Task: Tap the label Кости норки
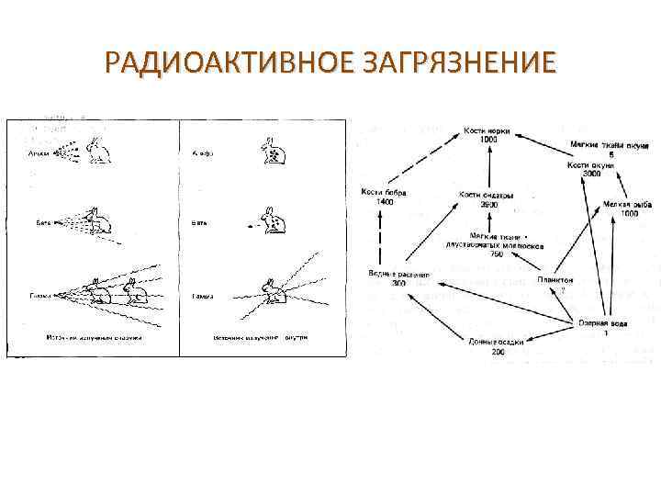[x=487, y=131]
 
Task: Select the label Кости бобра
[x=384, y=192]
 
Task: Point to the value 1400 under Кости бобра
[x=384, y=201]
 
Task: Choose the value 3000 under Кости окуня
[x=591, y=173]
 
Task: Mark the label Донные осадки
[x=498, y=343]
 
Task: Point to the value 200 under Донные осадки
[x=499, y=352]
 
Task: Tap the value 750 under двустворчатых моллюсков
[x=497, y=254]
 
